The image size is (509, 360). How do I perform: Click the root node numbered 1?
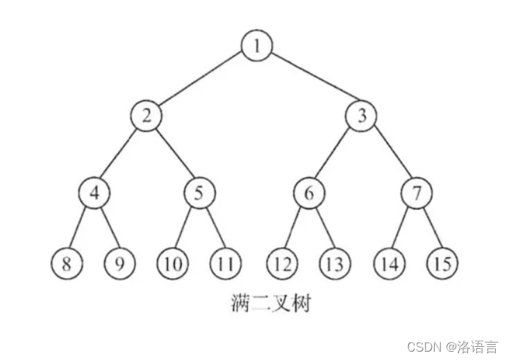[x=257, y=47]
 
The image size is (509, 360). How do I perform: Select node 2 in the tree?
[x=147, y=116]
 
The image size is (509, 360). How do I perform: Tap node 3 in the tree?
[x=362, y=116]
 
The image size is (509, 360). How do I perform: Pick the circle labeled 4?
[x=94, y=193]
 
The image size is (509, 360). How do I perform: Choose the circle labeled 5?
[x=199, y=193]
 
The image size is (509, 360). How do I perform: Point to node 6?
[x=309, y=193]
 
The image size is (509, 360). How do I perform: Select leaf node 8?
[x=67, y=264]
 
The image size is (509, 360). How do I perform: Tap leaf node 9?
[x=120, y=264]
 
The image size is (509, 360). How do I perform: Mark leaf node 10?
[x=172, y=264]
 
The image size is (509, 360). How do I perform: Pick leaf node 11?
[x=226, y=264]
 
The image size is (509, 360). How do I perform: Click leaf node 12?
[x=282, y=264]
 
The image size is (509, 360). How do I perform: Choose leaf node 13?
[x=335, y=264]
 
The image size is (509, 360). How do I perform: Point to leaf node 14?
[x=389, y=264]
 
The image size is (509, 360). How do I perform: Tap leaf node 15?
[x=442, y=264]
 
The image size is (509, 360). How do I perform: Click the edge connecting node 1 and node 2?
[x=201, y=81]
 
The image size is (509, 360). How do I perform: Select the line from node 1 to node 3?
[x=310, y=81]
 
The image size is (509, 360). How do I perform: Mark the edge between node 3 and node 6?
[x=335, y=154]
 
